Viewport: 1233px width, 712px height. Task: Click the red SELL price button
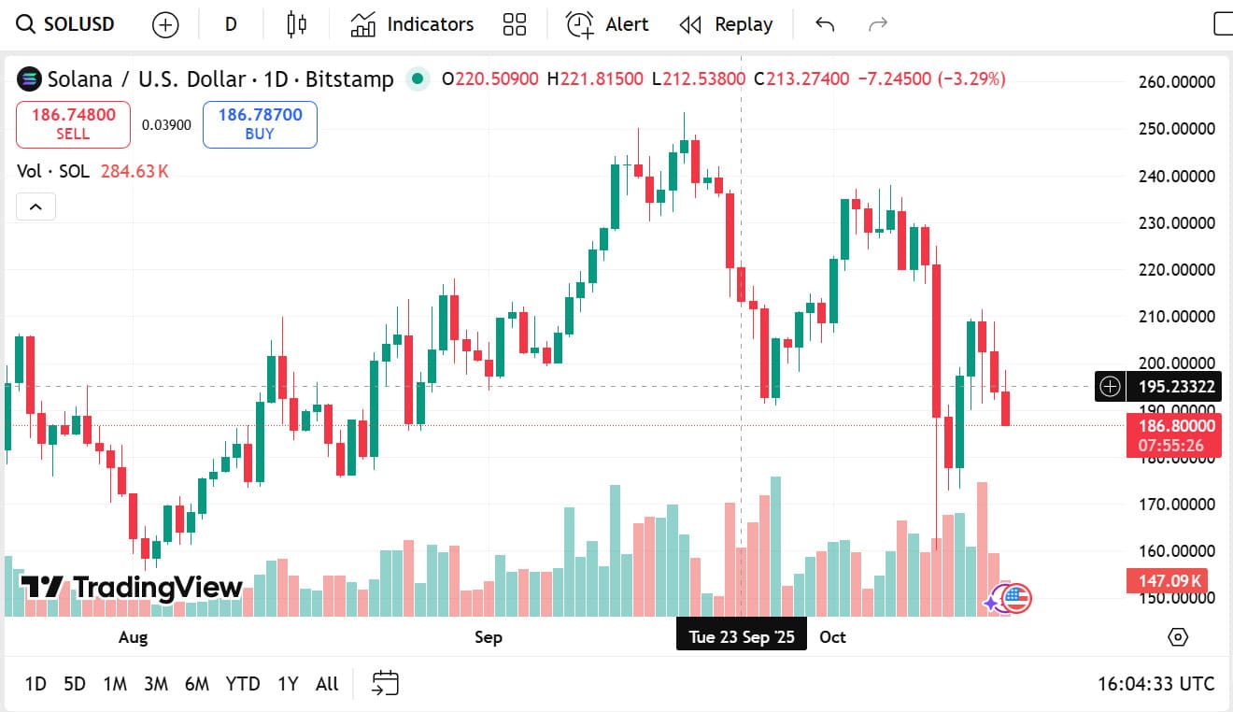73,124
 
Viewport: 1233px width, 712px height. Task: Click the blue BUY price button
260,124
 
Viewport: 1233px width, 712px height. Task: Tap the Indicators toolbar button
412,24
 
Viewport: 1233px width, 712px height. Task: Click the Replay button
726,24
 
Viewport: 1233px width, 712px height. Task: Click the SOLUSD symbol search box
65,24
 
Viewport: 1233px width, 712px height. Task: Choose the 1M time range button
115,684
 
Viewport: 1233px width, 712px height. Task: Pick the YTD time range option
243,684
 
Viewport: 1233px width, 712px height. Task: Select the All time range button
327,684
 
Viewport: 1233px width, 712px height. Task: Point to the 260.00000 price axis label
1177,82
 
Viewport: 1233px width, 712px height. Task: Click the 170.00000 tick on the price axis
1177,505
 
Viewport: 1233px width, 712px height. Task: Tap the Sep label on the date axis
488,637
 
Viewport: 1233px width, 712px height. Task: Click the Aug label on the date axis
133,637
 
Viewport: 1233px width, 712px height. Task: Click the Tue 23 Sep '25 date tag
742,637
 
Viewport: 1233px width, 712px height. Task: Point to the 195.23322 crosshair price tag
1172,386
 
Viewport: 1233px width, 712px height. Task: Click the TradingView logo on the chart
132,588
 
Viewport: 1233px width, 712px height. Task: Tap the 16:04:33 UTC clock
1155,684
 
